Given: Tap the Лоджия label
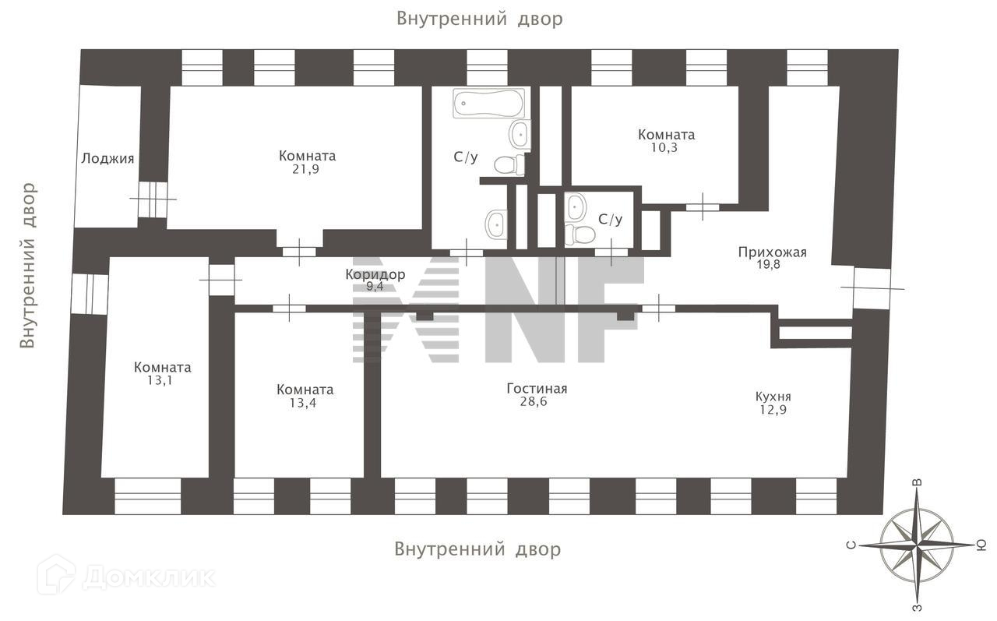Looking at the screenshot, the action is pos(107,159).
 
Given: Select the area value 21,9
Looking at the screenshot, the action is pos(307,168).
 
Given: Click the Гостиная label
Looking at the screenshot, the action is pos(537,389).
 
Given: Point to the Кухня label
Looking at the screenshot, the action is pos(773,396).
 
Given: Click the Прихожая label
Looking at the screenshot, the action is pos(772,252).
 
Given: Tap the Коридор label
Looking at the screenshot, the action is pos(375,274).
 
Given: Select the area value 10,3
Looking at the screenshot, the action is pos(665,147).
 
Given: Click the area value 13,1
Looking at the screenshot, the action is pos(162,381).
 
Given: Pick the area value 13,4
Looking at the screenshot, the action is pos(305,403).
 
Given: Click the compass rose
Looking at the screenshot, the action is pos(917,543).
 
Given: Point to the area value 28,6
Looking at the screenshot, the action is pos(537,402).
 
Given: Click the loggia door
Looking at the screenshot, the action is pos(153,199).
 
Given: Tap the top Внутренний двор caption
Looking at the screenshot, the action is pos(478,19).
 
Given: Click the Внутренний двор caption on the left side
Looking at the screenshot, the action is pos(28,265).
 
